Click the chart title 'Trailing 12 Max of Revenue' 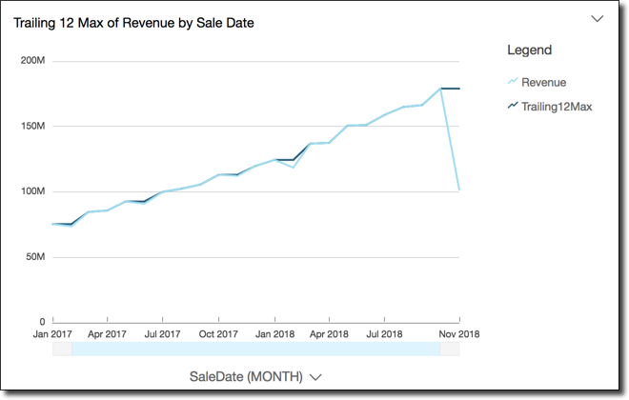(x=133, y=22)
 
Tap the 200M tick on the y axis (x=33, y=61)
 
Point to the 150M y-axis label (x=33, y=126)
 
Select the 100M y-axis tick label (x=33, y=191)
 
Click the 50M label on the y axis (x=36, y=257)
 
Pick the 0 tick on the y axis (x=42, y=322)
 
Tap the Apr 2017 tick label (x=107, y=334)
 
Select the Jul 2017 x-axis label (x=163, y=334)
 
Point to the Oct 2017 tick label (x=218, y=334)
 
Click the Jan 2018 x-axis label (x=274, y=334)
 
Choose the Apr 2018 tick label (x=330, y=334)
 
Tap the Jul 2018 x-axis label (x=384, y=334)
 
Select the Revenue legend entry (x=543, y=82)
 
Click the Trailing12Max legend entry (x=556, y=107)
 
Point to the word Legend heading (x=529, y=50)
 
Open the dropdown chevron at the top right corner (x=598, y=18)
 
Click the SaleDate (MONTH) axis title (x=246, y=376)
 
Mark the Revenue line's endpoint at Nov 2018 (x=459, y=190)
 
